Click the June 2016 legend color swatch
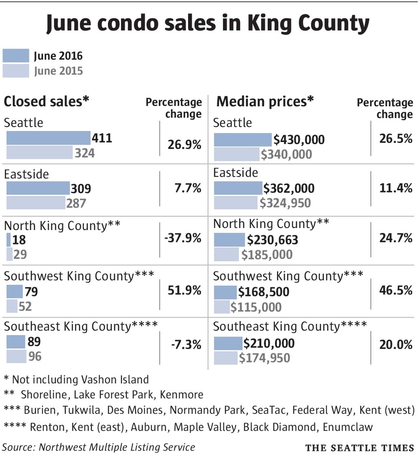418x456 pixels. coord(16,56)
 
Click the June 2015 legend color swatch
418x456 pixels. coord(16,71)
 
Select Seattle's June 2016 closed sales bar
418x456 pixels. coord(48,138)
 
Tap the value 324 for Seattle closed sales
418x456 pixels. coord(84,153)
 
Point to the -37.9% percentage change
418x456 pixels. coord(183,238)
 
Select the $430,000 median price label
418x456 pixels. coord(299,140)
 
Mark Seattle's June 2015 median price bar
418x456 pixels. coord(237,154)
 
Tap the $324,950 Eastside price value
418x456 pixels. coord(285,203)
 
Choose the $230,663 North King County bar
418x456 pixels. coord(229,240)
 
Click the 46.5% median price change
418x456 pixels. coord(395,290)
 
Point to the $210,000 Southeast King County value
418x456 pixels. coord(269,343)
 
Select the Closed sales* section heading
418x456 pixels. coord(47,101)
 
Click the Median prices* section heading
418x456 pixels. coord(265,101)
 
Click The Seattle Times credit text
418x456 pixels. coord(359,447)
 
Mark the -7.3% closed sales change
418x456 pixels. coord(186,345)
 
